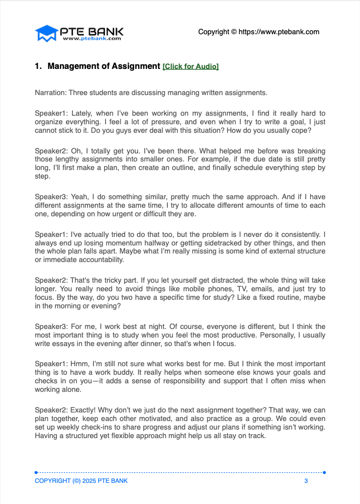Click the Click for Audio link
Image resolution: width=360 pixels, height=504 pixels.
[191, 66]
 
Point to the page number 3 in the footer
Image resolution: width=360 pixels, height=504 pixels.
[306, 481]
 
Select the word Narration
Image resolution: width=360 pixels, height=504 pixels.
[50, 93]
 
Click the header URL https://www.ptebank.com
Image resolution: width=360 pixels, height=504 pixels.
[279, 32]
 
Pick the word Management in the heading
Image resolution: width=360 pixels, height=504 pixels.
[74, 66]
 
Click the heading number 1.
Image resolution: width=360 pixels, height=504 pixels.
[38, 66]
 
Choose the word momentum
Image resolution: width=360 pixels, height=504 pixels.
[121, 242]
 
